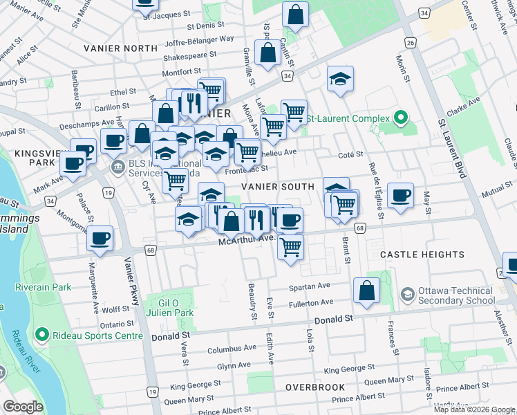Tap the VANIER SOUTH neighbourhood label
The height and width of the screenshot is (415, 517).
(277, 187)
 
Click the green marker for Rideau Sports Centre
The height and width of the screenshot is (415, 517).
(41, 337)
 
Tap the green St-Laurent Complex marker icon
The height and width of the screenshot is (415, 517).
(399, 117)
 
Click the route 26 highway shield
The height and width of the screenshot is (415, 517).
(411, 43)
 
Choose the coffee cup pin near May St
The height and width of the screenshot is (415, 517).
(400, 196)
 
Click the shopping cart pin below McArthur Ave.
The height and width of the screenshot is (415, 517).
(291, 246)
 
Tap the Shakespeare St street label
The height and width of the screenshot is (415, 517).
(190, 54)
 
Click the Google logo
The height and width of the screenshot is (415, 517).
(23, 407)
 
